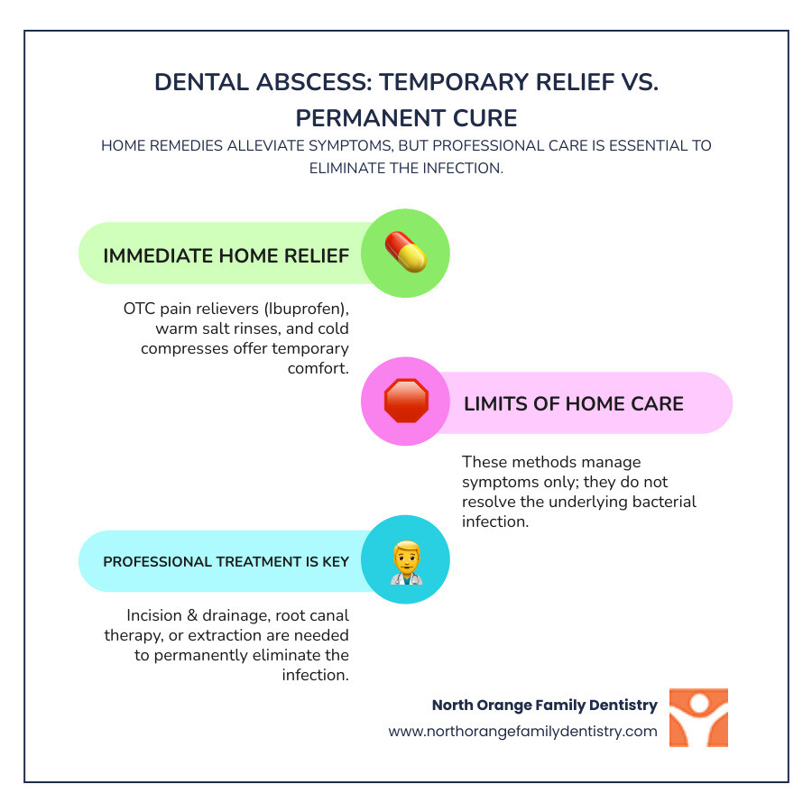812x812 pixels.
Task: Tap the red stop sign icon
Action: tap(405, 401)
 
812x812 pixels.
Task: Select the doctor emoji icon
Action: tap(405, 561)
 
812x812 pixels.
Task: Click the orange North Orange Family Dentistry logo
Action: tap(698, 718)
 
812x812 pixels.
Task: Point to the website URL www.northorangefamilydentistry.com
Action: tap(522, 732)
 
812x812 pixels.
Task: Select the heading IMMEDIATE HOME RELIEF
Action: tap(226, 255)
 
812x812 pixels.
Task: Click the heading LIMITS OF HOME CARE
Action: tap(574, 403)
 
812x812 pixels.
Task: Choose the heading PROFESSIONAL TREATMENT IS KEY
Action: tap(226, 561)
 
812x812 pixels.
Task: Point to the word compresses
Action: tap(180, 348)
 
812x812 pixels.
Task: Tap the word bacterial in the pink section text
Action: tap(656, 502)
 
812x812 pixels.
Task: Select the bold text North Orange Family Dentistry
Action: tap(544, 705)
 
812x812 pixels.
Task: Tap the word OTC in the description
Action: tap(141, 309)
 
